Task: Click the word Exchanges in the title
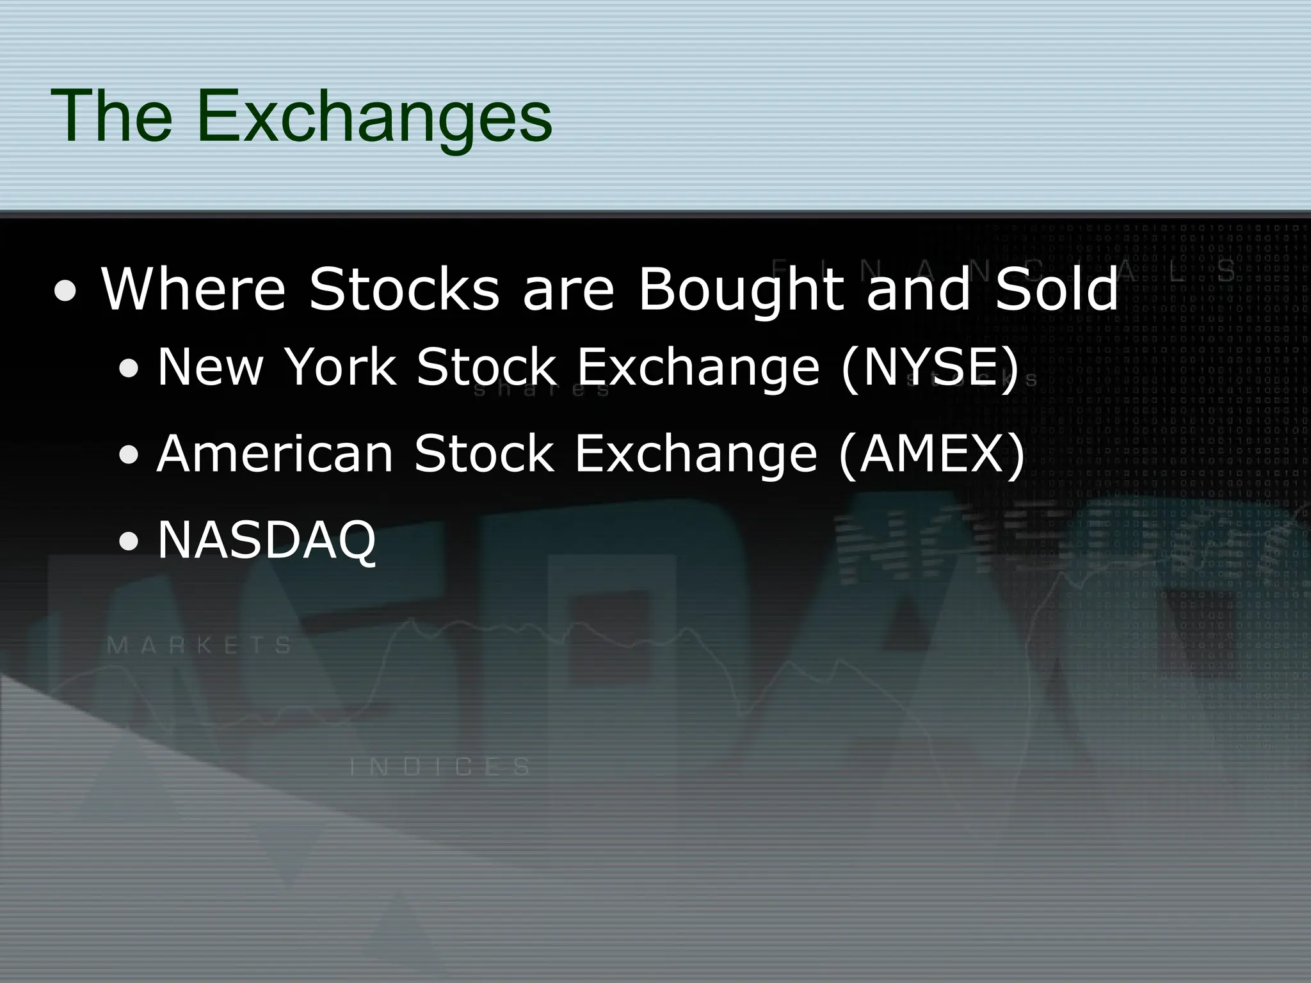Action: pos(374,118)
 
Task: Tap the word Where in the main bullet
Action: pos(193,289)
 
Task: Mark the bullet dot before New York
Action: pos(130,371)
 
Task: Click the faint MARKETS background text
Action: pos(200,644)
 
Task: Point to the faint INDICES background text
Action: pos(441,767)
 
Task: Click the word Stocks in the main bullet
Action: pos(404,289)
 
